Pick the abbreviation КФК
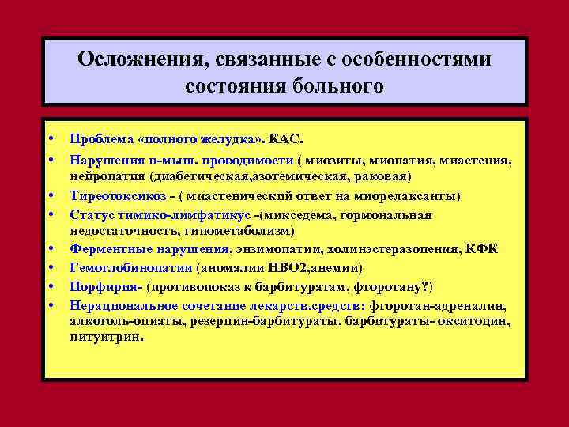[x=482, y=250]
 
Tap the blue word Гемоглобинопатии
[x=125, y=269]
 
